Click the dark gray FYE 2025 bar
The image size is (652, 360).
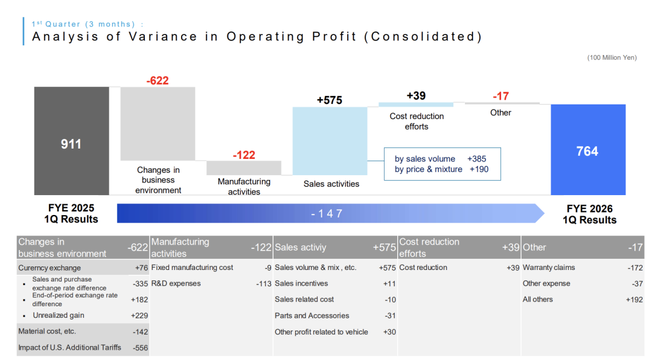(x=71, y=141)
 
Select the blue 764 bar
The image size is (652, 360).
(x=587, y=150)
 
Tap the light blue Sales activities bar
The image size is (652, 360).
(x=330, y=140)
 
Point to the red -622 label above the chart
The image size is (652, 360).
(x=158, y=80)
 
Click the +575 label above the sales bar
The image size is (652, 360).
(x=330, y=100)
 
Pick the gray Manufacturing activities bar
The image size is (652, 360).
(x=244, y=167)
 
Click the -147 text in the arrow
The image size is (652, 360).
(x=327, y=213)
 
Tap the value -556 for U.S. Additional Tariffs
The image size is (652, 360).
(x=140, y=347)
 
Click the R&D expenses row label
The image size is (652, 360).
(x=176, y=283)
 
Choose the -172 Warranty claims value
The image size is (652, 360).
(x=634, y=268)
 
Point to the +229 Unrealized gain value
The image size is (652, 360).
(x=139, y=315)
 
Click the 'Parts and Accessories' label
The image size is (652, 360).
(x=312, y=315)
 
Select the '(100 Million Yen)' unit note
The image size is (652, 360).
(x=612, y=57)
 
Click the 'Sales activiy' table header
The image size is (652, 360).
(x=301, y=248)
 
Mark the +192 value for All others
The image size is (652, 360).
(x=634, y=299)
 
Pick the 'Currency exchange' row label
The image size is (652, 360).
(x=49, y=268)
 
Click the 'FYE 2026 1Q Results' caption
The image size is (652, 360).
(x=589, y=214)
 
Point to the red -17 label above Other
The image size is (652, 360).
(x=500, y=97)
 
